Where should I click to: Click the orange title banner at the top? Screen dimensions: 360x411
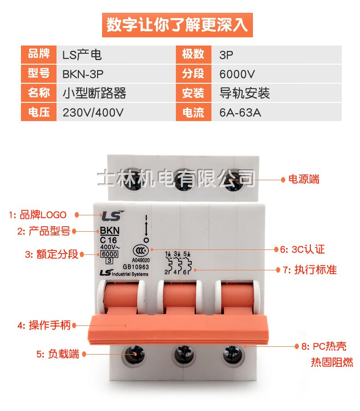tap(177, 25)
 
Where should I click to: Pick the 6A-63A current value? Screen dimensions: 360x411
tap(277, 112)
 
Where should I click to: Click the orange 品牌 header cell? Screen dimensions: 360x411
tap(39, 54)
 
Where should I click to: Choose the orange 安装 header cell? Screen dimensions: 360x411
tap(193, 93)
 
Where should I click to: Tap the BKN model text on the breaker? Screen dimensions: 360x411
tap(110, 230)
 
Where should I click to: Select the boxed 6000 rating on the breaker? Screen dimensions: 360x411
tap(109, 254)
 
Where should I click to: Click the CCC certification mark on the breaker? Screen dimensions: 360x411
tap(141, 251)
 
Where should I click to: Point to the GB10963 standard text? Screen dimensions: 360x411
tap(136, 267)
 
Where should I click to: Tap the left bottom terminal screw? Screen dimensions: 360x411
tap(134, 355)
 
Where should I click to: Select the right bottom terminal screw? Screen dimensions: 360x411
tap(233, 355)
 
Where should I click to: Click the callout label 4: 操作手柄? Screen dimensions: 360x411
tap(44, 325)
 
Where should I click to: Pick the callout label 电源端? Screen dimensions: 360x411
tap(304, 179)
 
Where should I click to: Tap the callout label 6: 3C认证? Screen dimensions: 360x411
tap(302, 249)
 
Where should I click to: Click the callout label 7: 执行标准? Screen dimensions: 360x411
tap(309, 270)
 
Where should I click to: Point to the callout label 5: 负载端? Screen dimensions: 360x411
tap(58, 354)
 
